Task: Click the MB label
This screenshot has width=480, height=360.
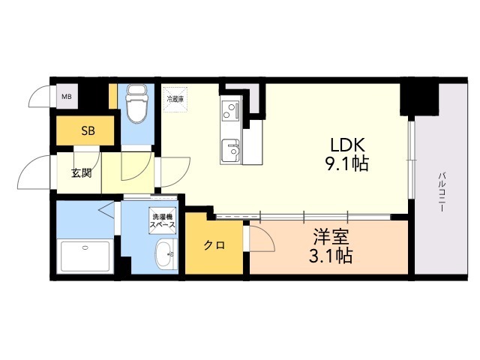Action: pos(67,96)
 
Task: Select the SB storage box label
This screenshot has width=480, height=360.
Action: pos(88,130)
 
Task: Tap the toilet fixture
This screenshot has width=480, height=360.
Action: pos(136,104)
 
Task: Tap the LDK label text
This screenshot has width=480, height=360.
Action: pos(346,145)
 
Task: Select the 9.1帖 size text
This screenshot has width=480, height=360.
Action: pos(346,164)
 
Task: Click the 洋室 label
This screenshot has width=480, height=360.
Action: pos(331,238)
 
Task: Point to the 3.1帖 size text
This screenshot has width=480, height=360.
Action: pos(331,257)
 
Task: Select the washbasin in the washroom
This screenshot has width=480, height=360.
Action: pos(165,254)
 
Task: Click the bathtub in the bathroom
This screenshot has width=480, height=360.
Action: pos(84,256)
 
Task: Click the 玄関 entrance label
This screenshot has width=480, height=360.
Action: pos(81,173)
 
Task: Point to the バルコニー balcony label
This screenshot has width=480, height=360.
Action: pos(442,191)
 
